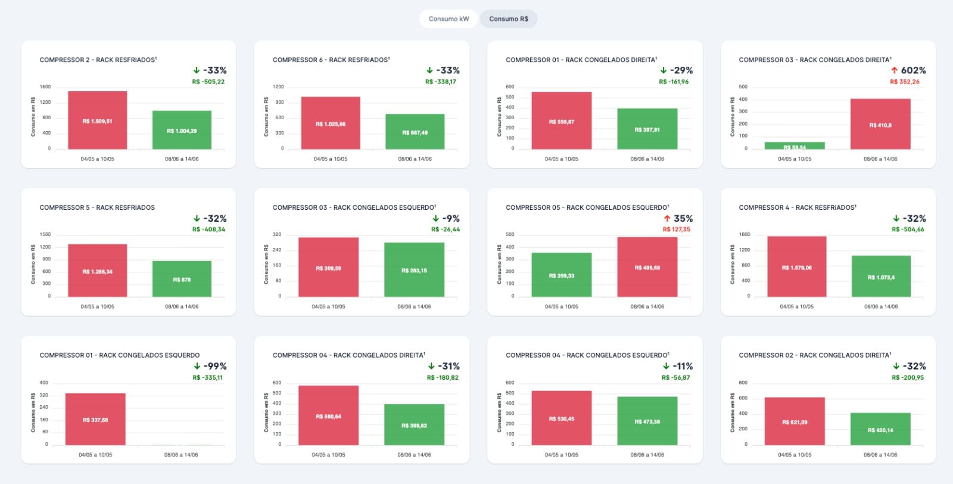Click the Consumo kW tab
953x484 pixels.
(x=449, y=19)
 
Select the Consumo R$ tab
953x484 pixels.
(x=508, y=19)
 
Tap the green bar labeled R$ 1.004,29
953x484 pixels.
(x=182, y=130)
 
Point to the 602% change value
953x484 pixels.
(x=913, y=70)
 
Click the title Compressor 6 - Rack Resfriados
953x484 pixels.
(x=331, y=60)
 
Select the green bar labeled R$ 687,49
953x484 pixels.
(x=415, y=132)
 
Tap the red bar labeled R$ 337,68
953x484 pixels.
(x=95, y=419)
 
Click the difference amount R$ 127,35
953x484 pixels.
(x=677, y=229)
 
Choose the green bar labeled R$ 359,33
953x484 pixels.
(x=562, y=275)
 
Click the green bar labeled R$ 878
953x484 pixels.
(x=182, y=279)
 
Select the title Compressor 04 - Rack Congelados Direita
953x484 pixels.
(x=348, y=355)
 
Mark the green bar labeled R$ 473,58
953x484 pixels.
(x=647, y=421)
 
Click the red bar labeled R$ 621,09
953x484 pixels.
(x=795, y=421)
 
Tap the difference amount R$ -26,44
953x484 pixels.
(x=446, y=229)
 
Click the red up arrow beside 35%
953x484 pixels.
(x=667, y=219)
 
